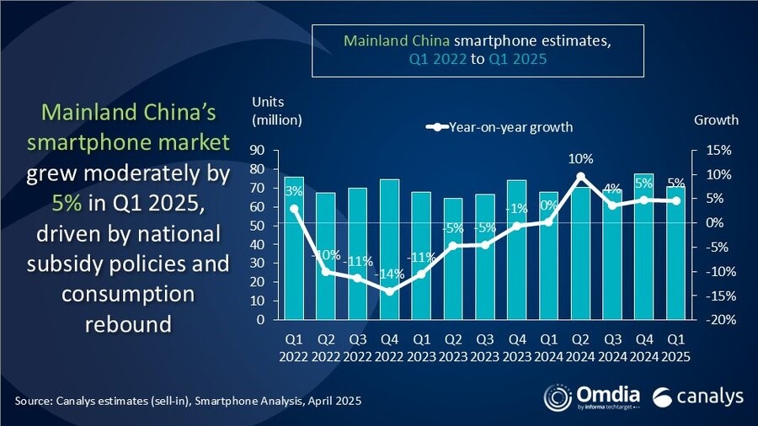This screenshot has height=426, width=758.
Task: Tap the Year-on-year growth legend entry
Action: point(500,127)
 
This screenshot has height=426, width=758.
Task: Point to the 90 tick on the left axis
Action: point(257,150)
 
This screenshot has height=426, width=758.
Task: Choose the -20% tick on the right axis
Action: point(707,320)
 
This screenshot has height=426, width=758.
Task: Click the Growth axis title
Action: point(715,120)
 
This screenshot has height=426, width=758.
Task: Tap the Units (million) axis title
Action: point(276,110)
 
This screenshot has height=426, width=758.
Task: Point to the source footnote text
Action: point(187,401)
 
